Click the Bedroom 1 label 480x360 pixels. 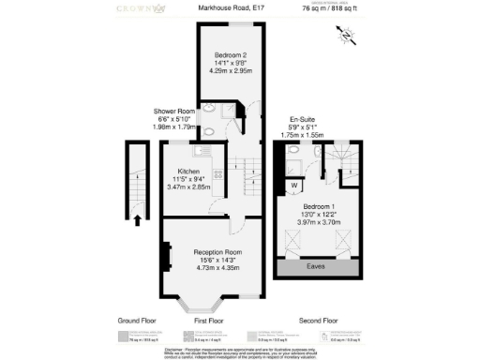pyautogui.click(x=320, y=205)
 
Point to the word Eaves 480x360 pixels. pyautogui.click(x=319, y=267)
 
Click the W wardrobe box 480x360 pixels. pyautogui.click(x=293, y=185)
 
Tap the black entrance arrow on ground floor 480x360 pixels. pyautogui.click(x=139, y=220)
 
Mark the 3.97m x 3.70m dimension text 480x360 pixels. pyautogui.click(x=320, y=223)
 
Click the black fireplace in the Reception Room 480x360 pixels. pyautogui.click(x=168, y=255)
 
